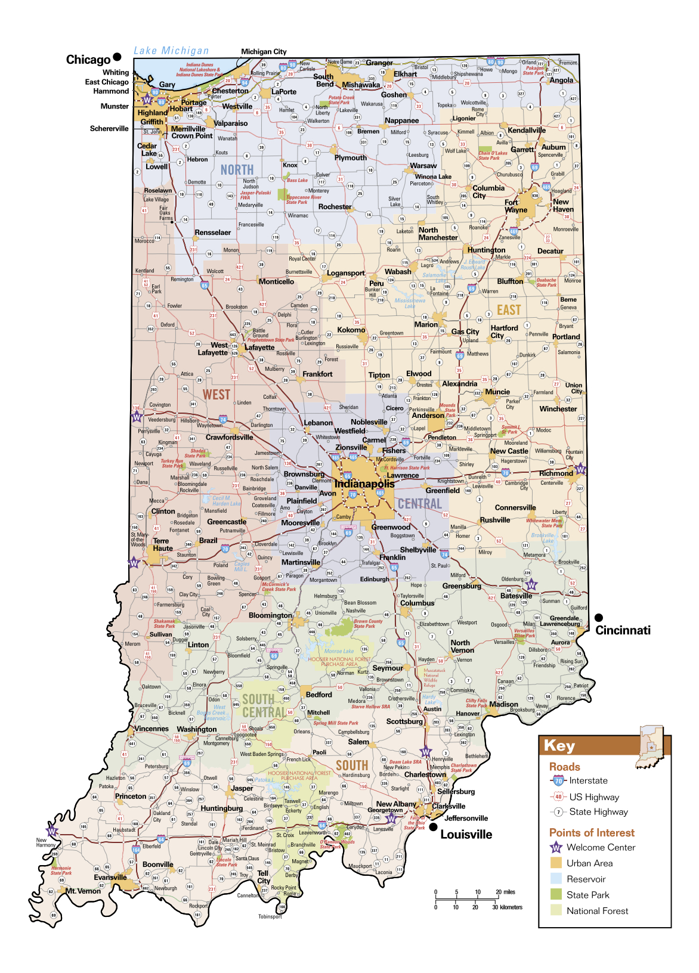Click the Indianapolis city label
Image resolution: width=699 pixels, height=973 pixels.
point(364,484)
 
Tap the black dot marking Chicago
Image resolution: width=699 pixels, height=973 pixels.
point(117,57)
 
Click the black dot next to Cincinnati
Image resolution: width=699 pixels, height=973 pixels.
point(599,618)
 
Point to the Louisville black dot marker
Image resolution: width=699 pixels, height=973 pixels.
point(433,827)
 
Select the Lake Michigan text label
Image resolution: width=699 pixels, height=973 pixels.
point(171,51)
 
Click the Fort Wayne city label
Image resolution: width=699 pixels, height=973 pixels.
point(516,206)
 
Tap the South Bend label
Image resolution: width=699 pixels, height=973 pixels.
point(324,80)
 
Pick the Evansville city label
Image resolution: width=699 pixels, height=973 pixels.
point(110,877)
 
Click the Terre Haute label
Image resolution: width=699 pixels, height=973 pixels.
point(162,544)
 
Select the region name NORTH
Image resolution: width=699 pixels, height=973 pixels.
point(237,170)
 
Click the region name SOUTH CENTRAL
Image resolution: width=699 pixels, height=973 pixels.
point(264,706)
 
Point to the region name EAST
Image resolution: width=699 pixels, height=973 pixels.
point(509,310)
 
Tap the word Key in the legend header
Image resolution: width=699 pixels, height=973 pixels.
point(559,746)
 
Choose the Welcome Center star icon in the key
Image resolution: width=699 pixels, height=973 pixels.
point(556,847)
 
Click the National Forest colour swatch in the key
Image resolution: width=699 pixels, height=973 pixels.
point(556,910)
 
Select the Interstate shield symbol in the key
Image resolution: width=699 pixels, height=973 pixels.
point(558,780)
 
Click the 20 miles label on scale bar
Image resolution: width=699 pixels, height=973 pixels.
point(505,892)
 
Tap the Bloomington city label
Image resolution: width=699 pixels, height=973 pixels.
point(270,615)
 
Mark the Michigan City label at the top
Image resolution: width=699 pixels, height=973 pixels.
point(264,52)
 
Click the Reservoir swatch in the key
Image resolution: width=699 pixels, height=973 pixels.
point(556,879)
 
